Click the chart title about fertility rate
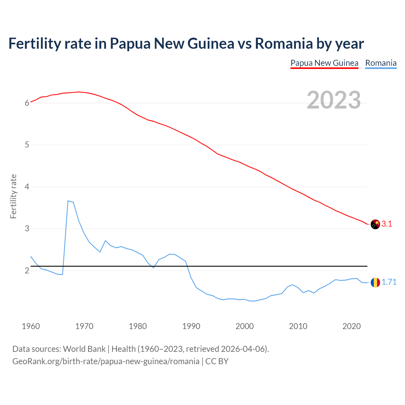point(186,43)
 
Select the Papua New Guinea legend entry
point(324,63)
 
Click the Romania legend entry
point(381,63)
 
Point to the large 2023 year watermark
point(334,100)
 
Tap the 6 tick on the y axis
point(27,103)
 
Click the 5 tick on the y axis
point(27,145)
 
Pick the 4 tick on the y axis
point(27,187)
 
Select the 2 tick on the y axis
point(27,271)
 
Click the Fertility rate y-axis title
point(13,196)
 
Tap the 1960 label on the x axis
point(31,326)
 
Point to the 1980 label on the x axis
point(138,326)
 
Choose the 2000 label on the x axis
point(245,326)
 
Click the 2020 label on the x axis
point(352,326)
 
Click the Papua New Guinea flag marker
point(375,224)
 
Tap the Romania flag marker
point(375,282)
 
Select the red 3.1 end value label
point(387,224)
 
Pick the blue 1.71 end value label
point(389,282)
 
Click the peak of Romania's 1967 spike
point(68,201)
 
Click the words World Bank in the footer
point(84,349)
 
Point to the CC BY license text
point(217,361)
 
